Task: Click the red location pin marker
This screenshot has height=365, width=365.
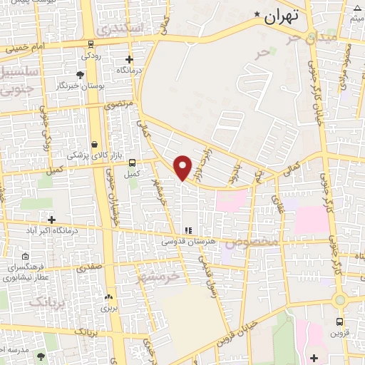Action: pos(183,166)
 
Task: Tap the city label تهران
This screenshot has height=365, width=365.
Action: pos(279,17)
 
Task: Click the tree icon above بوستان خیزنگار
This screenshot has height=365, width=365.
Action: pos(80,74)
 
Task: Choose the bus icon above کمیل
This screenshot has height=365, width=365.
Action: pos(132,162)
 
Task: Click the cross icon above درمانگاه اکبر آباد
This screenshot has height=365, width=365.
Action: pos(51,219)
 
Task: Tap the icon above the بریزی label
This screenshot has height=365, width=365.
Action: pos(108,297)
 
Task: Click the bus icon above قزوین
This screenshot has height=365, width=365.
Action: pos(339,322)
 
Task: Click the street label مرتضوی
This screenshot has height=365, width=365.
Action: pos(120,105)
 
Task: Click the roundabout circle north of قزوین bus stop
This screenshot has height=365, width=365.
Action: pos(340,300)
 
